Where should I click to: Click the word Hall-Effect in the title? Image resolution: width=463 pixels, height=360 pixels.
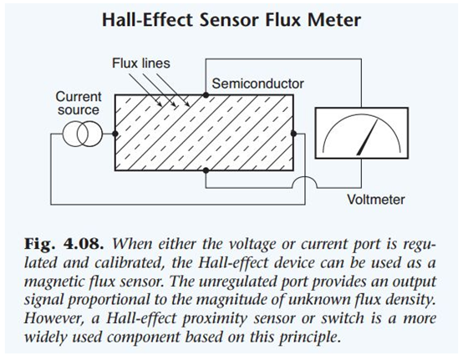(x=147, y=20)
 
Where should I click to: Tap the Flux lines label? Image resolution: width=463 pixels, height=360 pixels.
(x=141, y=63)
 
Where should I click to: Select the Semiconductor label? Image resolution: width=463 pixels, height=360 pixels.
(x=257, y=84)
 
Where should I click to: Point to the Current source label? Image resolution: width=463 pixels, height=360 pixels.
(x=79, y=104)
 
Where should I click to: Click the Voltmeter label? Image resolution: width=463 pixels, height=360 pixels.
(x=375, y=200)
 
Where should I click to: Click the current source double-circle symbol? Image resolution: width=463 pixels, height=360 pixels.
(x=83, y=134)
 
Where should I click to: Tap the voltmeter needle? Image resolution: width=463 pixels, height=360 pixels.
(x=367, y=138)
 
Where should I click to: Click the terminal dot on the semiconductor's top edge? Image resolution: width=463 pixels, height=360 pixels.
(x=206, y=95)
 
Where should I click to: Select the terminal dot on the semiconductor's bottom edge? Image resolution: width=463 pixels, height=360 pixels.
(x=206, y=170)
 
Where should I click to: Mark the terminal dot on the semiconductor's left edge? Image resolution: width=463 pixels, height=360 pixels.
(x=115, y=134)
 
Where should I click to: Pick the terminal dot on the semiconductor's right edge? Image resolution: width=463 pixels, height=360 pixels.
(x=293, y=134)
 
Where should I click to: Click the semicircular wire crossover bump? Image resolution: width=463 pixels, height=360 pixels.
(x=304, y=178)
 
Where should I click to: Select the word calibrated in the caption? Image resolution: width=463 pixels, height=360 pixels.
(x=129, y=262)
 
